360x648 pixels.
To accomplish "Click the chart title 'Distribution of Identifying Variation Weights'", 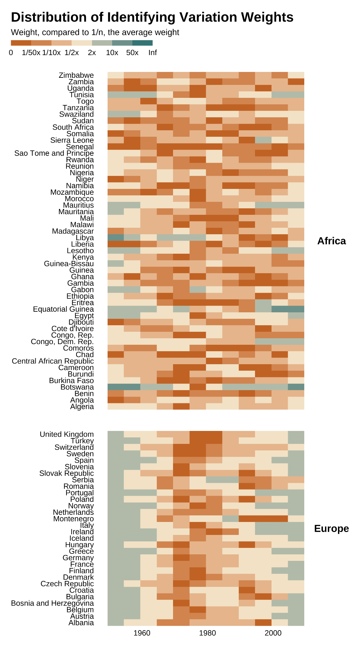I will point(152,17).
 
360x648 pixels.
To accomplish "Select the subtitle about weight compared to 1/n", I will point(95,32).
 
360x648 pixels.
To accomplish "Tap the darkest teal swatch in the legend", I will point(142,43).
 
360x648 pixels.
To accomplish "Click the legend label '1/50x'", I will point(31,53).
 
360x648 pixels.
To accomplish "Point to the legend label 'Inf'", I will point(153,53).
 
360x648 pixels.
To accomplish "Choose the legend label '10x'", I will point(112,53).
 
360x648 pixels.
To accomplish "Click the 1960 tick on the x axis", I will point(142,633).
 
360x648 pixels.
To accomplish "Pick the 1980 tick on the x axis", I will point(207,633).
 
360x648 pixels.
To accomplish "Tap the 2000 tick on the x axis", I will point(273,633).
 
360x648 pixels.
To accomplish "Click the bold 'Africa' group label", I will point(331,241).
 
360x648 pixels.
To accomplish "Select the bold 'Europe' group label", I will point(331,529).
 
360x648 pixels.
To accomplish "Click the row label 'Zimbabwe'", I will point(76,75).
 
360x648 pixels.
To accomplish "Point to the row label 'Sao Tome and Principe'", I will point(54,153).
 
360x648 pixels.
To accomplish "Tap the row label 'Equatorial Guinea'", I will point(64,309).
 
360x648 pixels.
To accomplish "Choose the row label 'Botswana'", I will point(77,387).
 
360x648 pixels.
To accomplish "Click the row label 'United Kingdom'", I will point(67,434).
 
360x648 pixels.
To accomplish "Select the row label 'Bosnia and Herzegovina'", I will point(52,603).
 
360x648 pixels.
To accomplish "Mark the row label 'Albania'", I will point(81,623).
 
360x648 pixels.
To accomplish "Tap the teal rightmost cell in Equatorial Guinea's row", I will point(296,309).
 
